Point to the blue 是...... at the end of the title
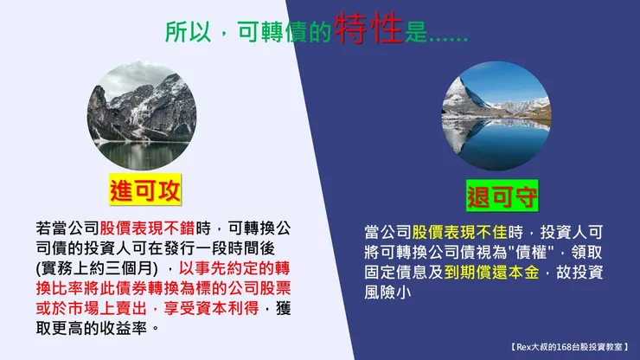[x=437, y=32]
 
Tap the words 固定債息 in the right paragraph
[x=398, y=273]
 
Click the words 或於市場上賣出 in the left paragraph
[x=89, y=309]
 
